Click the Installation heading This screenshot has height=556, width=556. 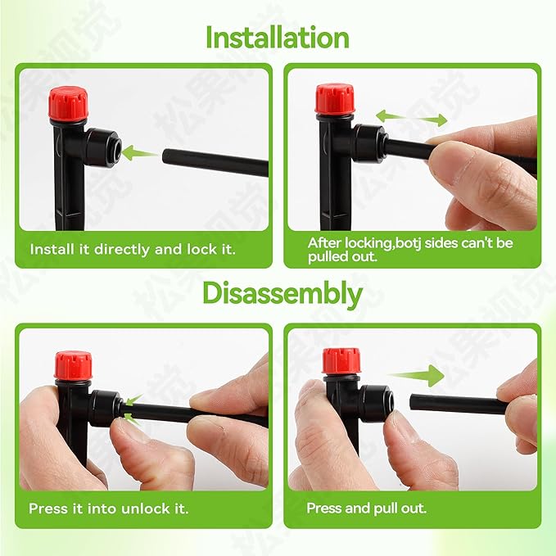point(278,38)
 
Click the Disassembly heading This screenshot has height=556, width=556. point(283,293)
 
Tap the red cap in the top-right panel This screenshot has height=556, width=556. point(333,99)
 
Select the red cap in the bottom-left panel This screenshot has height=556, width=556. point(73,365)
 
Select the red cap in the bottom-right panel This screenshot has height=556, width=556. point(341,361)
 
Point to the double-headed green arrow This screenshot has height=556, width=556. point(412,118)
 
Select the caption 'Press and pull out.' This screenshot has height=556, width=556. point(366,509)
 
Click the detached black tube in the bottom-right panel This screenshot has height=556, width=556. point(459,405)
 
